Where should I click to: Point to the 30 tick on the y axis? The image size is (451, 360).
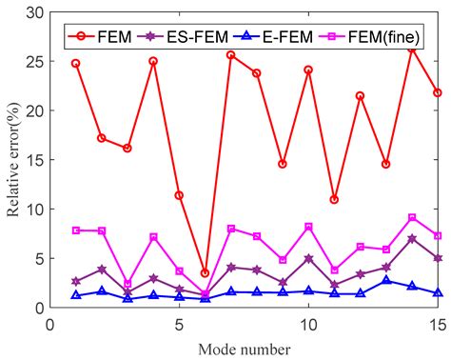[37, 11]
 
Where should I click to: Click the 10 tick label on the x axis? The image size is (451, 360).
[308, 325]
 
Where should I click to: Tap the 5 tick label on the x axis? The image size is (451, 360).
[179, 325]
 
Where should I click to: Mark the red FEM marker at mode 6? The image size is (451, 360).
[205, 273]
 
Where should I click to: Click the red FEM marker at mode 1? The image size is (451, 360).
[76, 64]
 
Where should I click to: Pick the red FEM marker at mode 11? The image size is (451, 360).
[334, 199]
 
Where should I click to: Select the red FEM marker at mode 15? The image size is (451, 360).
[437, 92]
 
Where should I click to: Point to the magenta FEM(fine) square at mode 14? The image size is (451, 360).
[411, 217]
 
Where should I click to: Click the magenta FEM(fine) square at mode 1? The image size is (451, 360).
[76, 230]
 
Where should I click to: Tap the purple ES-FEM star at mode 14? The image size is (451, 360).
[411, 238]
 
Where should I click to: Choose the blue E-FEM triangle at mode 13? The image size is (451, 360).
[385, 281]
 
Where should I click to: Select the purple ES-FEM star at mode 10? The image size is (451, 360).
[308, 258]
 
